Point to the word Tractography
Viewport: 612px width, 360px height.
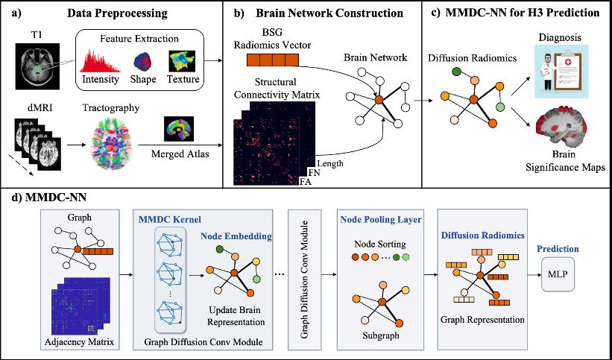[111, 108]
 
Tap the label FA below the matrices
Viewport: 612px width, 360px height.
[305, 181]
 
